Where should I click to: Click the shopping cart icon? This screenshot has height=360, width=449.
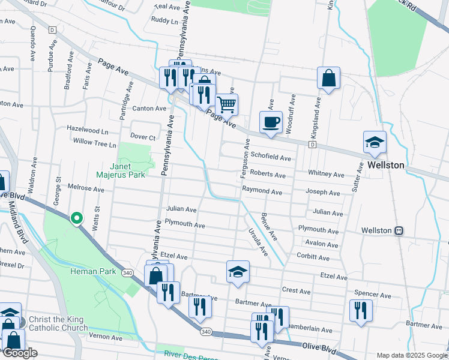pyautogui.click(x=226, y=105)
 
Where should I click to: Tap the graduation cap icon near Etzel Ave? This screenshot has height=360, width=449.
pyautogui.click(x=238, y=272)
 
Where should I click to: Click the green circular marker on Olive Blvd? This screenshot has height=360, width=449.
pyautogui.click(x=77, y=218)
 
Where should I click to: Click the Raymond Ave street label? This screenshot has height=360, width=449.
pyautogui.click(x=262, y=192)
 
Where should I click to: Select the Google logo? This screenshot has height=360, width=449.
pyautogui.click(x=20, y=353)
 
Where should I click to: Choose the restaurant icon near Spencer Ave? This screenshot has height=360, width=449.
pyautogui.click(x=361, y=310)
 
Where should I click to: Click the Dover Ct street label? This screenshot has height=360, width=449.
pyautogui.click(x=143, y=137)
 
